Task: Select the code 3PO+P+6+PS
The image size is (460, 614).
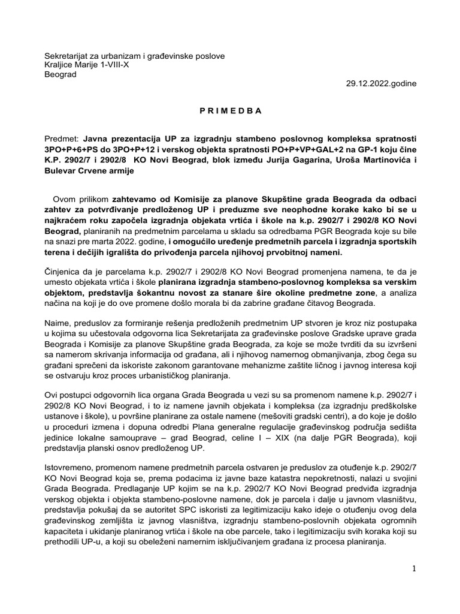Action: click(72, 149)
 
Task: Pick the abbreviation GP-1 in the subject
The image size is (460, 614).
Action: click(364, 149)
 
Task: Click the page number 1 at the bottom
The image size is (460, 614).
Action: click(413, 568)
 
